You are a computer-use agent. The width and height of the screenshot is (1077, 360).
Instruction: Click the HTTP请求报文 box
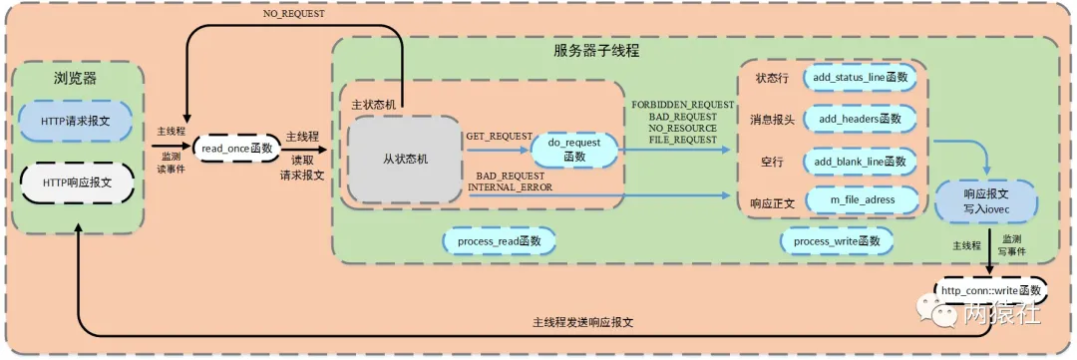75,120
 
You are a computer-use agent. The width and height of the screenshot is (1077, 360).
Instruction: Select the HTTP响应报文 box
75,182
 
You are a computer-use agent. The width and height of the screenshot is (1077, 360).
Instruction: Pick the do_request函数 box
573,149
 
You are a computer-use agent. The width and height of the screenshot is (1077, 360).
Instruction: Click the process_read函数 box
499,240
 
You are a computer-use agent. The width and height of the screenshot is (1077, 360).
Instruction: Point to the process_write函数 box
836,240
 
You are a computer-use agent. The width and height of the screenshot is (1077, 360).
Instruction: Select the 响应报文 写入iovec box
985,200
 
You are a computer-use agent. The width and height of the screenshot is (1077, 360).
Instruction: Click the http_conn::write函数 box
990,290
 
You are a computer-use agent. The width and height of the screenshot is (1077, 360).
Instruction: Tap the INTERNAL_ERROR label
511,186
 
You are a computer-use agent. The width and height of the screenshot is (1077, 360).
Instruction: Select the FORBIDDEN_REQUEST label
682,104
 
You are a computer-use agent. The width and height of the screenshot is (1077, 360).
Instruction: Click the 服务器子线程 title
596,50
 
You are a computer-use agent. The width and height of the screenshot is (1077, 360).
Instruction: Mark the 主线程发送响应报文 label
583,323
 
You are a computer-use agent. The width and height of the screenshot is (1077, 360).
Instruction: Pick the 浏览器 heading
75,77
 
